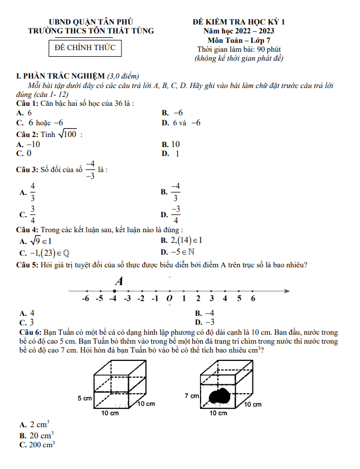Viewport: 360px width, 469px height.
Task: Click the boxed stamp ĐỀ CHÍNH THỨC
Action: click(x=85, y=48)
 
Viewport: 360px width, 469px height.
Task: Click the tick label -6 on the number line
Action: click(x=85, y=299)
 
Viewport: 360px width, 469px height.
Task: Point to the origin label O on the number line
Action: click(x=169, y=299)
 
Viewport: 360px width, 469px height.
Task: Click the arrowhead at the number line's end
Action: click(x=286, y=290)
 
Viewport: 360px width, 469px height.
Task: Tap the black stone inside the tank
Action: click(x=219, y=397)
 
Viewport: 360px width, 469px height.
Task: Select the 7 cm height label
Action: click(x=191, y=396)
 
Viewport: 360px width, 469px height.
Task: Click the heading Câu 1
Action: click(x=27, y=104)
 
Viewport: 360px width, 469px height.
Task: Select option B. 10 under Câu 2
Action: click(x=171, y=144)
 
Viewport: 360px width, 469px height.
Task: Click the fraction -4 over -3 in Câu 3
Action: click(x=90, y=169)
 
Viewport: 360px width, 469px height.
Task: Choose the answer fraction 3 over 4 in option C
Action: click(x=33, y=214)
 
